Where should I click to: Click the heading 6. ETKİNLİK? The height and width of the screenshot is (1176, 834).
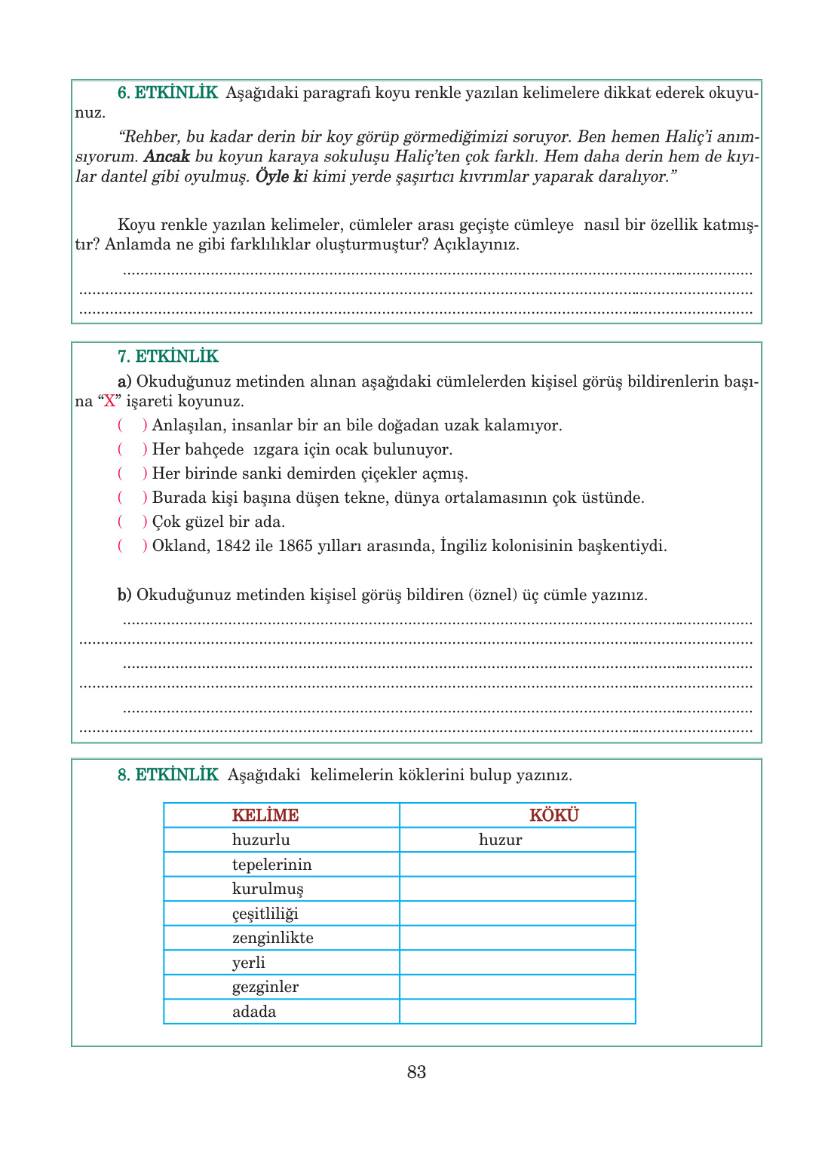point(167,93)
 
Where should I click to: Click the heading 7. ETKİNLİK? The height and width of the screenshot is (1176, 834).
point(167,357)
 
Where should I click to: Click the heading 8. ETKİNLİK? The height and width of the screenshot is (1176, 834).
point(167,775)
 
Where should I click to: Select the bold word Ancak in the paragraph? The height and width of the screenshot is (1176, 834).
point(166,157)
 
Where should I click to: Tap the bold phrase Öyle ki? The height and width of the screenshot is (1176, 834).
point(281,177)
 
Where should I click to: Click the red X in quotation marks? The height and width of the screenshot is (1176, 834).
point(110,401)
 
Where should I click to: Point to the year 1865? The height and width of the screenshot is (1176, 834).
point(296,546)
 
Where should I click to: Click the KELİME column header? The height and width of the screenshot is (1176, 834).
point(265,816)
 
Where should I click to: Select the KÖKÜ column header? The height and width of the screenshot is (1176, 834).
point(554,816)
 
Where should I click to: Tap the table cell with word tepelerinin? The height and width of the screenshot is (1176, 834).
point(271,865)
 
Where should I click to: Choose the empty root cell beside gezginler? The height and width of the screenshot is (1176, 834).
point(517,987)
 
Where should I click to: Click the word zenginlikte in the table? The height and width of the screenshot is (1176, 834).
point(273,938)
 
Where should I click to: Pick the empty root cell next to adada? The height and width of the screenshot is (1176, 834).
point(517,1012)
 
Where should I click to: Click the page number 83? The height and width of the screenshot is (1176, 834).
point(416,1072)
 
